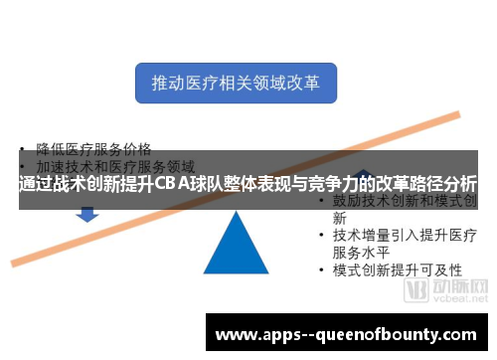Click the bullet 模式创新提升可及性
point(397,270)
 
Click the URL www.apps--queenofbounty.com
point(347,333)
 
